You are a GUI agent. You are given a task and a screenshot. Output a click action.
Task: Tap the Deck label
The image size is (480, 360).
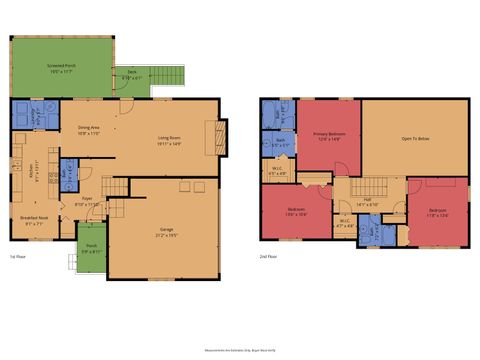pos(131,74)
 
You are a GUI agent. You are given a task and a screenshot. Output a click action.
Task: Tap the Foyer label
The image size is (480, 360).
pos(88,200)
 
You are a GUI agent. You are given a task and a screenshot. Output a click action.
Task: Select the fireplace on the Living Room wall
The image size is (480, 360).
pos(211,134)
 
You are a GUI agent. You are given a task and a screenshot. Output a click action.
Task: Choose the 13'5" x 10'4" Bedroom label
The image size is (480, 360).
pos(296,213)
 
